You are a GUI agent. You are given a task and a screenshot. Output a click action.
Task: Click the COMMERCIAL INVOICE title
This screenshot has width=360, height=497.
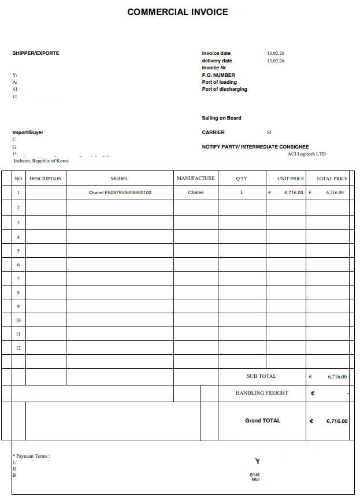[177, 12]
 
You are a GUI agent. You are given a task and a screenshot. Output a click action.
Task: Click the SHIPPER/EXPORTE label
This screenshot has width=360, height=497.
[36, 53]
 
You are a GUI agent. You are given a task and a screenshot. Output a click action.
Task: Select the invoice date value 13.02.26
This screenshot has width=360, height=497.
[275, 53]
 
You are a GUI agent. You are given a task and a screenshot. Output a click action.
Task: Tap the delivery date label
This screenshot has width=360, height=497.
[217, 61]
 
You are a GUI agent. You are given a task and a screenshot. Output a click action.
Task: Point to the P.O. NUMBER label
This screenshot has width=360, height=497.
[218, 75]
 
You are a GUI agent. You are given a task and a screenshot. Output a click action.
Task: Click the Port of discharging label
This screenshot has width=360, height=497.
[224, 89]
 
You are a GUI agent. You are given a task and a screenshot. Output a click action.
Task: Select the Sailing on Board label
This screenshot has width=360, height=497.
[221, 118]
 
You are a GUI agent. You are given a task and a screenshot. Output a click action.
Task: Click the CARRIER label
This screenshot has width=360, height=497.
[213, 132]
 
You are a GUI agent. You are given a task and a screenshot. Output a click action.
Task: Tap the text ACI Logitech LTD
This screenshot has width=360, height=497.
[306, 154]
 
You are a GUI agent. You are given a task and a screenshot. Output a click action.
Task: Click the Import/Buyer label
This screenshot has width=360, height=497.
[28, 132]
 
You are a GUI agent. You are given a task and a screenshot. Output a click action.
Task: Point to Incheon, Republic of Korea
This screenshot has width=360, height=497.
[41, 161]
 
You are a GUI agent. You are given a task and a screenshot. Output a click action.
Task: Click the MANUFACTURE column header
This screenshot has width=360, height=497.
[195, 179]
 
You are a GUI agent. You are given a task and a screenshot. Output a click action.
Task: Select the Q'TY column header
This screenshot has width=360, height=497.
[242, 179]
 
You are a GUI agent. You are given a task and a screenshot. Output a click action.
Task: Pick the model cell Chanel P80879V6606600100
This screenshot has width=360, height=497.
[120, 192]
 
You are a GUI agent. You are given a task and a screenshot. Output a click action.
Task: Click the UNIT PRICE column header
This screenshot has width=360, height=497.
[291, 179]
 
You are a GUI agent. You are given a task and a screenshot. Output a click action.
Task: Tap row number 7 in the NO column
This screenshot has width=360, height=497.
[18, 279]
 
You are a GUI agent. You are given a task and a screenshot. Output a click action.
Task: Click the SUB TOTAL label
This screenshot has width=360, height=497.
[261, 376]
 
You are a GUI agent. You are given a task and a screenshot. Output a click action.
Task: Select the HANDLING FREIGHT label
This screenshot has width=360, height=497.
[262, 393]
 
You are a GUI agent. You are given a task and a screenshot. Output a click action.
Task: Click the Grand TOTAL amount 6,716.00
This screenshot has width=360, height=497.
[337, 421]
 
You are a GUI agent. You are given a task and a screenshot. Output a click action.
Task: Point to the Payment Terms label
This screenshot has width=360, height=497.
[32, 456]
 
